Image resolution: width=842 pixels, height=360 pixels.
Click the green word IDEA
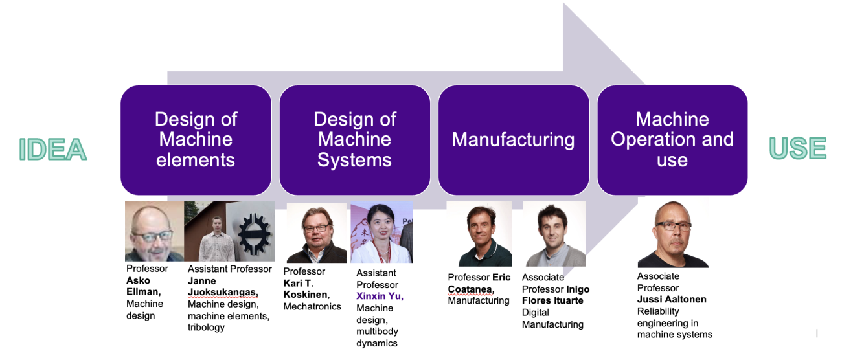click(x=53, y=149)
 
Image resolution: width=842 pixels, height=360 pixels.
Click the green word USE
click(x=797, y=148)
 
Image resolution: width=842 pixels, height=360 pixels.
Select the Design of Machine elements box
click(x=196, y=140)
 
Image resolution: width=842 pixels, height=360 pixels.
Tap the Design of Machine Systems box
click(x=354, y=140)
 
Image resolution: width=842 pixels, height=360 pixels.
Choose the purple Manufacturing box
click(x=513, y=140)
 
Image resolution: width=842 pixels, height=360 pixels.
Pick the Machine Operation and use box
click(x=672, y=140)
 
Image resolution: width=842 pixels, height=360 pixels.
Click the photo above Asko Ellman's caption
click(x=154, y=231)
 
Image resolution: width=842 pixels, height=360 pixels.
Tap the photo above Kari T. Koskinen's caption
click(x=316, y=233)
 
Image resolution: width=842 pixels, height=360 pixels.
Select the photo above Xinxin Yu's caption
click(x=381, y=233)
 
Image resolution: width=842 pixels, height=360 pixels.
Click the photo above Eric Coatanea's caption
click(x=479, y=234)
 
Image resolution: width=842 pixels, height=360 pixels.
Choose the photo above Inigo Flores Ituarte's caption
click(x=554, y=234)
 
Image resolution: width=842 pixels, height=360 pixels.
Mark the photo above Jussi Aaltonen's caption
click(x=673, y=235)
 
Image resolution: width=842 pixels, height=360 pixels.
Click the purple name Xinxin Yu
click(x=380, y=297)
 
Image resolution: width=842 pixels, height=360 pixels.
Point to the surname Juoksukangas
click(x=222, y=293)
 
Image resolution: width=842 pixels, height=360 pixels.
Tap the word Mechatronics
click(x=312, y=306)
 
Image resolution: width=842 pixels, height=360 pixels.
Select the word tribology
click(x=206, y=328)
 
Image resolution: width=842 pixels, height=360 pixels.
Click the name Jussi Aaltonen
click(x=672, y=300)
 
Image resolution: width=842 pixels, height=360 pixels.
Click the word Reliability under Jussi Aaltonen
click(x=658, y=311)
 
